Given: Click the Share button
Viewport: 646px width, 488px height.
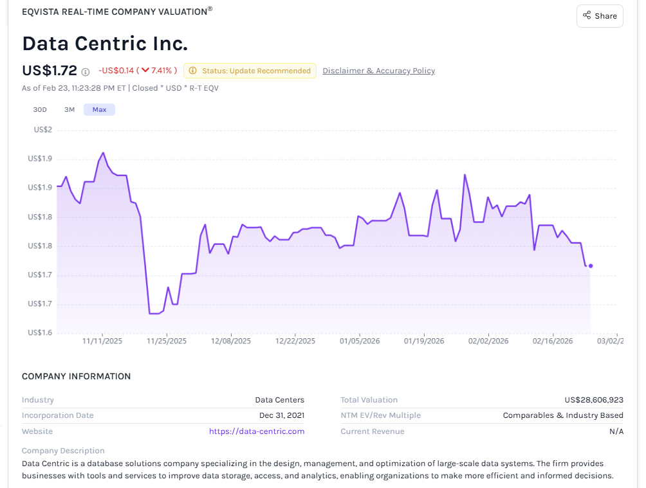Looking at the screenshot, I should pos(600,16).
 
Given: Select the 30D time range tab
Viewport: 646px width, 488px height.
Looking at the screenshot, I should pos(40,110).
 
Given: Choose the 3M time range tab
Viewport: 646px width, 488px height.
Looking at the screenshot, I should pos(69,110).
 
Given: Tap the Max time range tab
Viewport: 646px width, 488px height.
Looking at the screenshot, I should pos(99,110).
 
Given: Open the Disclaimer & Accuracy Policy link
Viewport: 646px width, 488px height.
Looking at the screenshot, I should pos(378,71).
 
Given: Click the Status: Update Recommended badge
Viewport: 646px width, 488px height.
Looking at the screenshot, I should pos(250,71).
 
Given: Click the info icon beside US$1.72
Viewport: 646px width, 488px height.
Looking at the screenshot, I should pos(86,71).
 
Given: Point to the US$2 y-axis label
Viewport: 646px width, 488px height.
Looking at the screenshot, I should pos(43,130).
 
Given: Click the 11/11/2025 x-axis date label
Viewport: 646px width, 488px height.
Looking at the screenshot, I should pos(102,341).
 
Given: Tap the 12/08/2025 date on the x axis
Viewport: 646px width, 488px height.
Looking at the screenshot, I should pos(231,341).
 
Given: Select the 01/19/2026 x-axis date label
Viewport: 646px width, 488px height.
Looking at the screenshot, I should pos(424,341).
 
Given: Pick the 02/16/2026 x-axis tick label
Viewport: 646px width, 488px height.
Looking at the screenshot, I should pos(553,341).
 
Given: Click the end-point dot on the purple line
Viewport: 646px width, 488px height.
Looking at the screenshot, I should pos(591,266).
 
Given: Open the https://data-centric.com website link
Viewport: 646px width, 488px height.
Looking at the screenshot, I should pos(257,431).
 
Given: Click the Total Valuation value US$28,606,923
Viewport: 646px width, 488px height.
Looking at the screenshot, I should pos(594,400).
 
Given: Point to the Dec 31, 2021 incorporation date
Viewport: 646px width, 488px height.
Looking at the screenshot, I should pos(282,415).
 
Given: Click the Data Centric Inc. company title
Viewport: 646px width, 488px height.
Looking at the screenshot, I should pos(105,44).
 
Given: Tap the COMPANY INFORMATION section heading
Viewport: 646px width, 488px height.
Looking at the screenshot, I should pos(76,377).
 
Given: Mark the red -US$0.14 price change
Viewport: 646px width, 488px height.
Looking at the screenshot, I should pos(116,71).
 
